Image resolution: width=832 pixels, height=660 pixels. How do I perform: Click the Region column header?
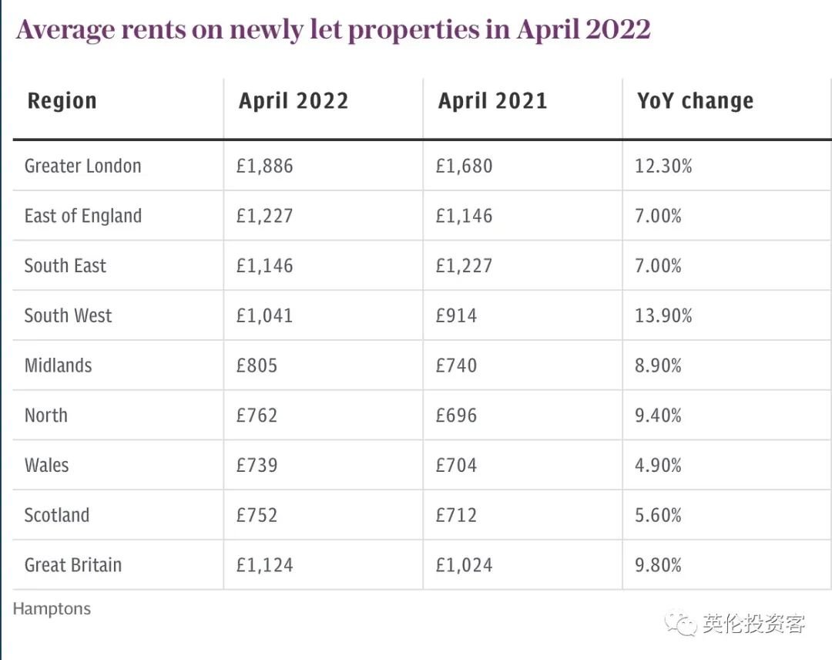[x=62, y=101]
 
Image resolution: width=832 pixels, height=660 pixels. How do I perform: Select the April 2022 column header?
[x=294, y=101]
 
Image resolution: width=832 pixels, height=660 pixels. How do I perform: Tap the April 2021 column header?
[x=493, y=101]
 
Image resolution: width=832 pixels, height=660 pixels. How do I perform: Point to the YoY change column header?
[x=695, y=101]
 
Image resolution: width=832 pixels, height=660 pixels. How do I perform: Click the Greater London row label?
[x=82, y=166]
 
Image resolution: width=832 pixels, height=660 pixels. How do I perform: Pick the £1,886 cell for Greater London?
[x=264, y=166]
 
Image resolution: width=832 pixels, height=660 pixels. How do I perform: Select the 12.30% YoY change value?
[x=663, y=166]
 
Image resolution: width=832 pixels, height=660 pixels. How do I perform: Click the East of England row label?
[x=82, y=216]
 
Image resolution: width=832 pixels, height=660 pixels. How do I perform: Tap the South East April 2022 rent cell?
[x=264, y=266]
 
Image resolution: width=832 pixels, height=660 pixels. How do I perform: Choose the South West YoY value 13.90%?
[x=663, y=315]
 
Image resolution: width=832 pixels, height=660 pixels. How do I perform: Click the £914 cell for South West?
[x=456, y=315]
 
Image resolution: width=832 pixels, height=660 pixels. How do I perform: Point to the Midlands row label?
[x=58, y=365]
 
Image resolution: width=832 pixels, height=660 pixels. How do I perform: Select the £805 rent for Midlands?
[x=257, y=365]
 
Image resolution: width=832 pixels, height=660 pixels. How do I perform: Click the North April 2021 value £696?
[x=456, y=416]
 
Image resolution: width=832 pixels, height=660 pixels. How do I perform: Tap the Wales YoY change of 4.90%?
[x=658, y=466]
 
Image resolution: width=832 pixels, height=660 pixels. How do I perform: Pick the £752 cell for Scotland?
[x=257, y=515]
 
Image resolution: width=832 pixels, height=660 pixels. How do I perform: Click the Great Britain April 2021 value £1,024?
[x=464, y=565]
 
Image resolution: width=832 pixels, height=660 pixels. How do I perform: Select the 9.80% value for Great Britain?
[x=658, y=565]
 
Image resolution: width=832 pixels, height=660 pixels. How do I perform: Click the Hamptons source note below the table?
[x=52, y=608]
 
